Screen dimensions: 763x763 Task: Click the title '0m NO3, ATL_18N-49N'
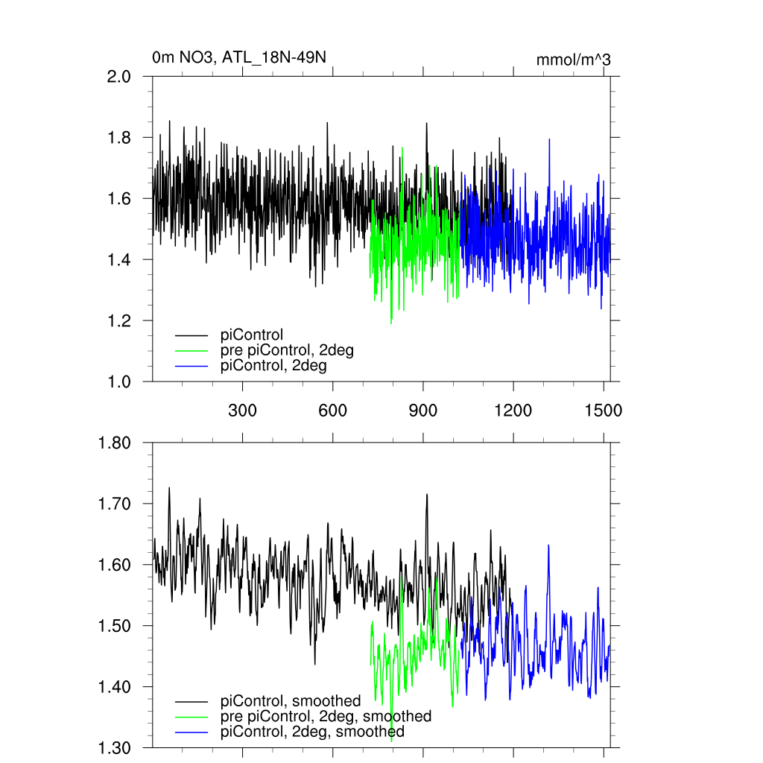(238, 58)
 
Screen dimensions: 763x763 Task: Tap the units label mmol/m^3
(573, 60)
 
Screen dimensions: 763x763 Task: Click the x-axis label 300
(242, 411)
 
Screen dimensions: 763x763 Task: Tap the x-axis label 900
(423, 411)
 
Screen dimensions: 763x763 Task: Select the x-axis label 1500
(603, 411)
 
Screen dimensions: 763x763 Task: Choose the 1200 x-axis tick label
(513, 411)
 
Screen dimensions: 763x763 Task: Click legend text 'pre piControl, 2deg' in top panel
(286, 350)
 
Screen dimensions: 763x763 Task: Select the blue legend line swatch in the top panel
(191, 367)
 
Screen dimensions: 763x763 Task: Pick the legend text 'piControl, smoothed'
(291, 700)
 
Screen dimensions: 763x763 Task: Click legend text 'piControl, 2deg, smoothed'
(312, 732)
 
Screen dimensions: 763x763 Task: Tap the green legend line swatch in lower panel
(191, 717)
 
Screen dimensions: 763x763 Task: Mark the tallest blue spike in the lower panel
(548, 545)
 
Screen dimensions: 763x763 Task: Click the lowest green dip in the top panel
(391, 323)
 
